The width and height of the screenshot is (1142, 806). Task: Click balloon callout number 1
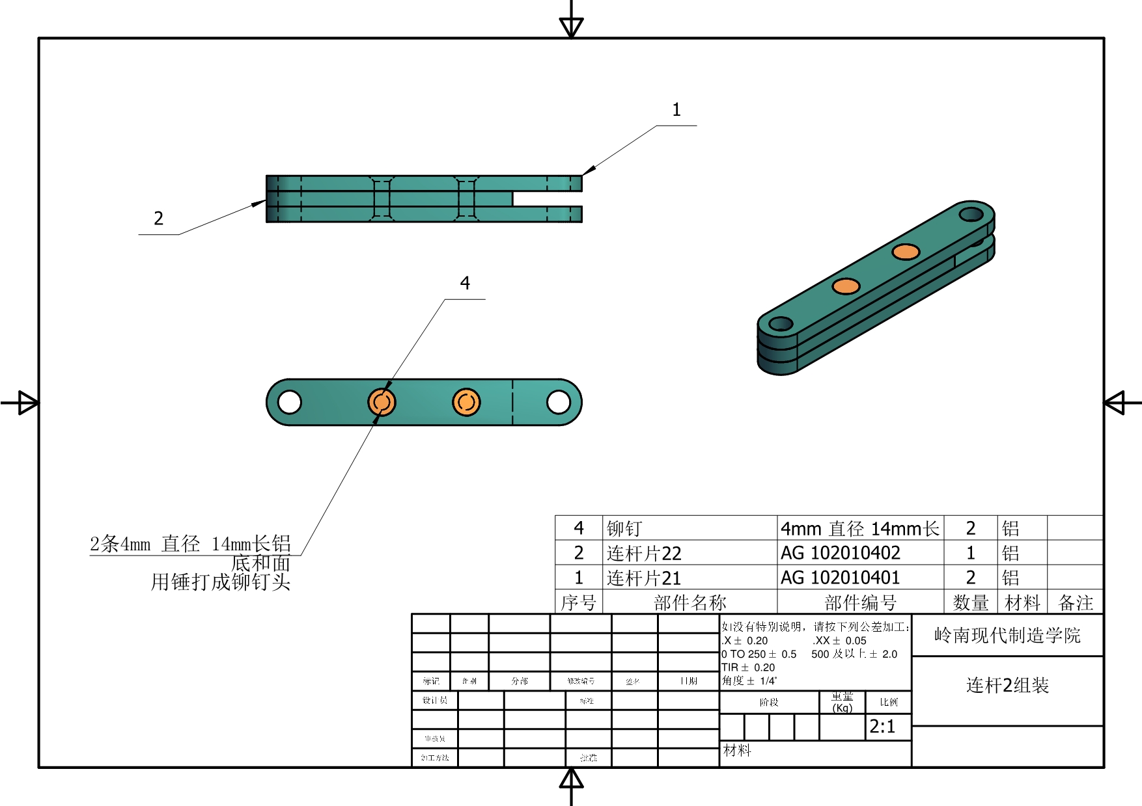point(676,110)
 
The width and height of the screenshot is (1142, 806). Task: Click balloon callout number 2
point(158,219)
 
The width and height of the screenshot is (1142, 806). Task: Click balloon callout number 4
point(465,284)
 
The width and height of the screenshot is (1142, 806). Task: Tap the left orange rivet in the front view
point(382,402)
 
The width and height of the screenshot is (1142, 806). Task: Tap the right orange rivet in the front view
point(466,402)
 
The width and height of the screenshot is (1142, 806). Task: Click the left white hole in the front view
point(289,402)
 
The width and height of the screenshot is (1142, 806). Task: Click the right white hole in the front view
point(559,402)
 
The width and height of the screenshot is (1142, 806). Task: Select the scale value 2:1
point(882,727)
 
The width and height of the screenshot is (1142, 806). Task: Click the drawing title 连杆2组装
point(1007,686)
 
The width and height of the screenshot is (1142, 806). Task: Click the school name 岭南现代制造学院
point(1007,636)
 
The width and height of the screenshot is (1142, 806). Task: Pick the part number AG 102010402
point(840,553)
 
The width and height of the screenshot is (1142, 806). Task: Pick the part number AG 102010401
point(840,578)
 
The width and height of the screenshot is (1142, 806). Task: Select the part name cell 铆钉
point(624,528)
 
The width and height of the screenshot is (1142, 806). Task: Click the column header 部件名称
point(689,603)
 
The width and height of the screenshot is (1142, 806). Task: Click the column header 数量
point(971,603)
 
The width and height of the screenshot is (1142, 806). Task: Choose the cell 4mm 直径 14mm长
point(859,528)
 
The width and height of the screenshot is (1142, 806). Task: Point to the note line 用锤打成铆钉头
point(220,582)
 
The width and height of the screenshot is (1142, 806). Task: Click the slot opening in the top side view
point(547,199)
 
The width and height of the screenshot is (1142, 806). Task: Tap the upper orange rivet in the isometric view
point(905,252)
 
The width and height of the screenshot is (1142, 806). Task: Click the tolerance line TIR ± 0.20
point(748,667)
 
